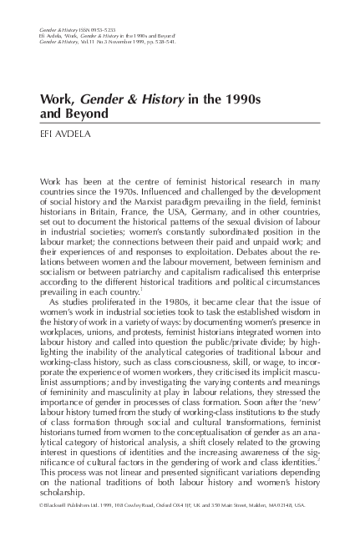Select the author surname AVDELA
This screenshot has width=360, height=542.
coord(73,132)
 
